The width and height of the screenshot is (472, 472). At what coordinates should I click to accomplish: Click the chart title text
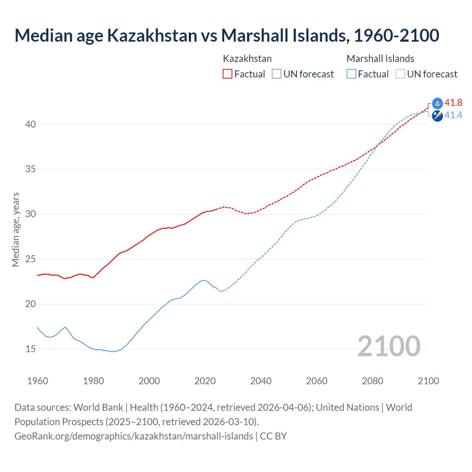[226, 35]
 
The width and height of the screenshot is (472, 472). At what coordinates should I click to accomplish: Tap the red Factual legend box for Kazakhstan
[228, 74]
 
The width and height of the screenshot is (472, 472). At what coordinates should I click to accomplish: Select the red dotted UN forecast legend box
[277, 74]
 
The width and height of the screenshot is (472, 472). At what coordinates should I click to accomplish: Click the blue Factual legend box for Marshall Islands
[351, 74]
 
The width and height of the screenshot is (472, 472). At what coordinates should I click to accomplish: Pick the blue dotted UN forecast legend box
[400, 74]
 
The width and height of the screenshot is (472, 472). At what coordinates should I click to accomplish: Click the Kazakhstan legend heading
[247, 59]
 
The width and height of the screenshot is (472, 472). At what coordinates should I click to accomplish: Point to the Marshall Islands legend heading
[380, 59]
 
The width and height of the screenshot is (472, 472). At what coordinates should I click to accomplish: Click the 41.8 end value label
[453, 103]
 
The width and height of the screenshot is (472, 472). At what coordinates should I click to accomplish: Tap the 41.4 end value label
[453, 115]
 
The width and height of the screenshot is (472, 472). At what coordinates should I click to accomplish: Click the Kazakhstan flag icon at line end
[437, 103]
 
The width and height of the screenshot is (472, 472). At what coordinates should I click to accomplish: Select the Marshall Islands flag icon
[437, 116]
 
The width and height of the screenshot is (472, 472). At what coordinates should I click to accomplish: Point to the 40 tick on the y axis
[31, 124]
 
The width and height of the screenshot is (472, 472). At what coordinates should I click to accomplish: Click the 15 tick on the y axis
[31, 349]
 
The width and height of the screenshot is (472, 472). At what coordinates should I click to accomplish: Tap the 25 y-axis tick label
[31, 259]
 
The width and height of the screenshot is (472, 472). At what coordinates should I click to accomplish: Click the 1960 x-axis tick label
[38, 381]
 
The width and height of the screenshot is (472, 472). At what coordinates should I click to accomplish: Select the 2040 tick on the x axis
[261, 381]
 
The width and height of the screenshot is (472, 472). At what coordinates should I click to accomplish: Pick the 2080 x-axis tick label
[372, 381]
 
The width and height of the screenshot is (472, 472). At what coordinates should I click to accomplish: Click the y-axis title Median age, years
[15, 229]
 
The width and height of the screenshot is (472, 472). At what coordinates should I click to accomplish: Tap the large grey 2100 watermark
[389, 346]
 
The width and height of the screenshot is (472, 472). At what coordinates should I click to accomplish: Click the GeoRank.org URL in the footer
[133, 436]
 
